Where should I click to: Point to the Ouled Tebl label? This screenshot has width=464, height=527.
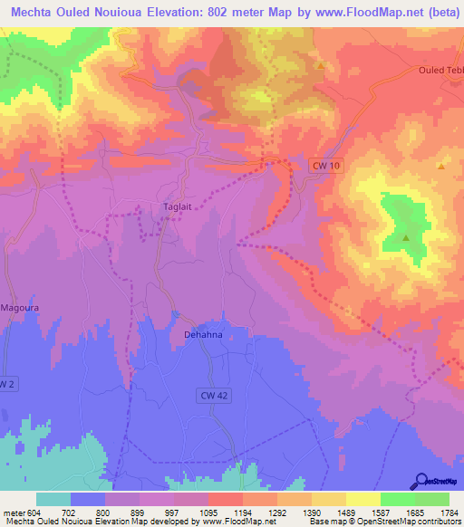tap(441, 71)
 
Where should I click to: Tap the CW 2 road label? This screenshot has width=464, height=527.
tap(7, 384)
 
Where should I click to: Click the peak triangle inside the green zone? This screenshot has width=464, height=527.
tap(405, 238)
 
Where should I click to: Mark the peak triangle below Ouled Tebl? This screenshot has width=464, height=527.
tap(440, 167)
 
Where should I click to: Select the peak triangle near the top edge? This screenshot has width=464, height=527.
tap(321, 66)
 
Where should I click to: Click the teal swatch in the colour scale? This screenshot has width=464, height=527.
tap(53, 500)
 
